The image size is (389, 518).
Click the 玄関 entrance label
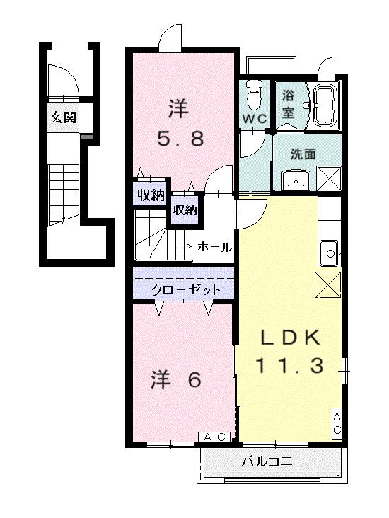[x=62, y=117]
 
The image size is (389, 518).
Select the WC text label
[x=255, y=119]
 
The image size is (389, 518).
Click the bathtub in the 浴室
[x=325, y=105]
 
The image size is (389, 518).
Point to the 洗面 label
[x=304, y=153]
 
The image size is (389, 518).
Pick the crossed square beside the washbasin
[x=329, y=177]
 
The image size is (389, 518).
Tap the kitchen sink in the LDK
[x=328, y=250]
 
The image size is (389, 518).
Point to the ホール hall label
[x=214, y=247]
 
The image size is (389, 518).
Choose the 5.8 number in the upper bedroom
[x=180, y=138]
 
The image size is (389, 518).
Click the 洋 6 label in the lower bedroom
[x=177, y=380]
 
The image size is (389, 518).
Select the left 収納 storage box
[x=150, y=195]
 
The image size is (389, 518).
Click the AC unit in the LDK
[x=337, y=423]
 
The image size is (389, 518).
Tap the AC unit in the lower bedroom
[x=214, y=437]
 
